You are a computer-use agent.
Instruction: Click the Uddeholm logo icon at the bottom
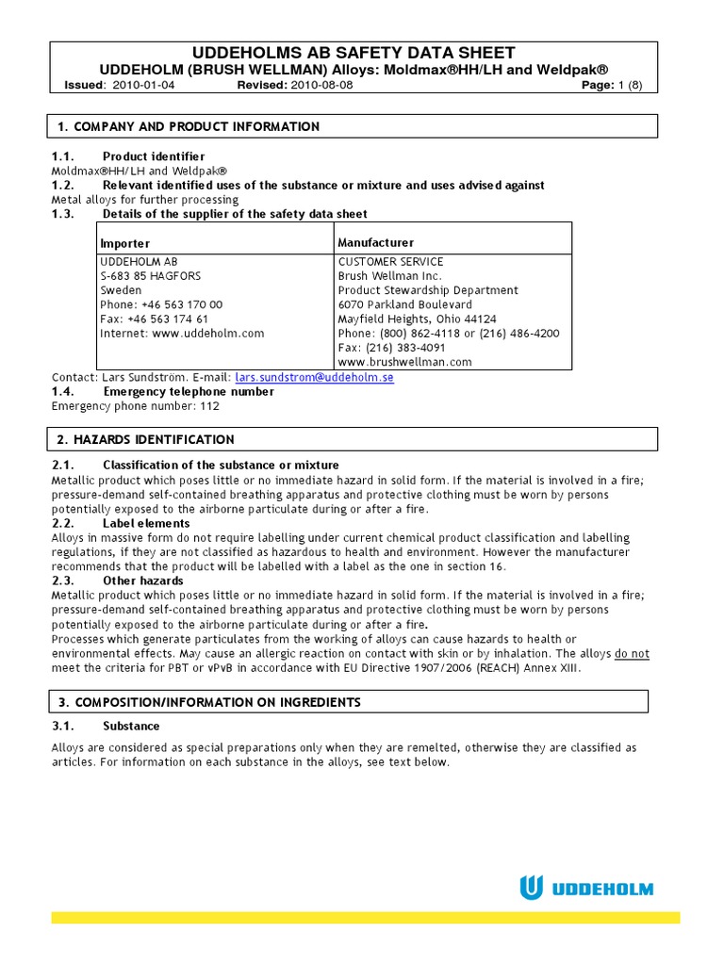click(532, 888)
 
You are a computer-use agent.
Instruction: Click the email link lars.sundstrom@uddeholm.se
click(314, 377)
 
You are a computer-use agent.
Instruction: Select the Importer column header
click(124, 244)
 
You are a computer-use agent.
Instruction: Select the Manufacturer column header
click(375, 243)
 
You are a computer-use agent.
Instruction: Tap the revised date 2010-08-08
click(322, 85)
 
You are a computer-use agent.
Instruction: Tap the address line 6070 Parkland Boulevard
click(405, 304)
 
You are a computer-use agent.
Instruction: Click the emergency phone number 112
click(211, 406)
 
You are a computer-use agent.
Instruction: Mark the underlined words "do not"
click(632, 654)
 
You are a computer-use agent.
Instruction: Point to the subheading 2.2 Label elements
click(146, 523)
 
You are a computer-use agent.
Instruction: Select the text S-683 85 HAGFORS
click(150, 276)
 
